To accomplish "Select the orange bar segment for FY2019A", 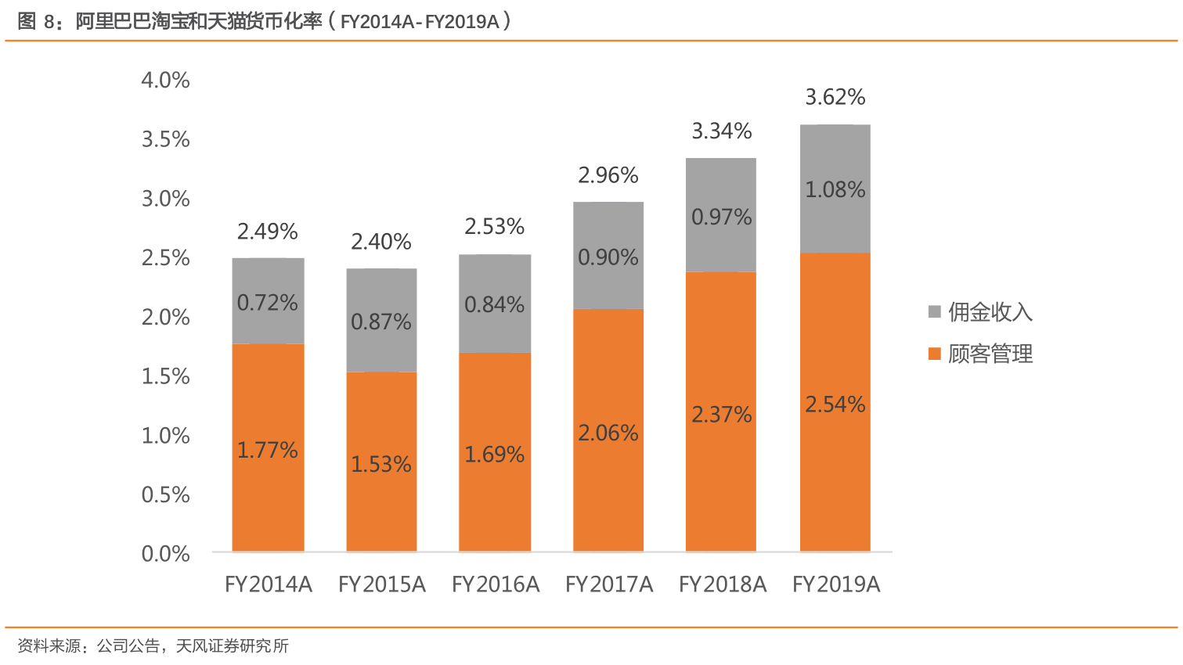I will [x=835, y=469].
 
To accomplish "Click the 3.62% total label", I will [x=835, y=97].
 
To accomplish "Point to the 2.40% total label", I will [x=381, y=242].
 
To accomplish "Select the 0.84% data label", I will [x=495, y=304].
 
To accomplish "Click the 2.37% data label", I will [x=722, y=415].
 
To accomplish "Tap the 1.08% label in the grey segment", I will [x=835, y=189].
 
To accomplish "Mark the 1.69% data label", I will [x=495, y=455].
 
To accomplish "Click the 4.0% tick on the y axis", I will [x=165, y=80].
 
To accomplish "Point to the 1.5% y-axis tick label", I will [x=165, y=376].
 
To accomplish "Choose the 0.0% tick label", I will [x=165, y=554].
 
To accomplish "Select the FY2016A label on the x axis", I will [x=496, y=584].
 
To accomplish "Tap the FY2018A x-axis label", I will [x=723, y=584].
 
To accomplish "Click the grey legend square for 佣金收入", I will [x=934, y=312].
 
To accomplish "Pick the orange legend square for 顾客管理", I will [x=934, y=354].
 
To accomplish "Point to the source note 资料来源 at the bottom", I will [x=153, y=646].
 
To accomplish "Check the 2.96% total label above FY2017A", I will [x=608, y=175].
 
